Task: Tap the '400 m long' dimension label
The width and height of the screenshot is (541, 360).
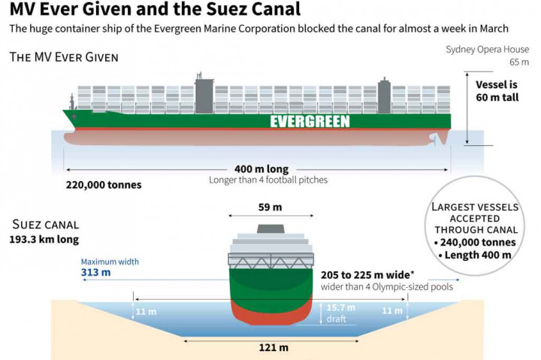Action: [261, 169]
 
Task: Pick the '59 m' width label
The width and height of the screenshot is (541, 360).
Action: [270, 207]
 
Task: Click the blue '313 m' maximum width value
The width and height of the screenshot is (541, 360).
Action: [95, 272]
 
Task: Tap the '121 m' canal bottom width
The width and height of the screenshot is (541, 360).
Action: [273, 347]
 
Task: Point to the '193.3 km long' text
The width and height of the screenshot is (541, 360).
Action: [44, 240]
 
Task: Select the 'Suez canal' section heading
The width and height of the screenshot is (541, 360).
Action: [46, 225]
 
